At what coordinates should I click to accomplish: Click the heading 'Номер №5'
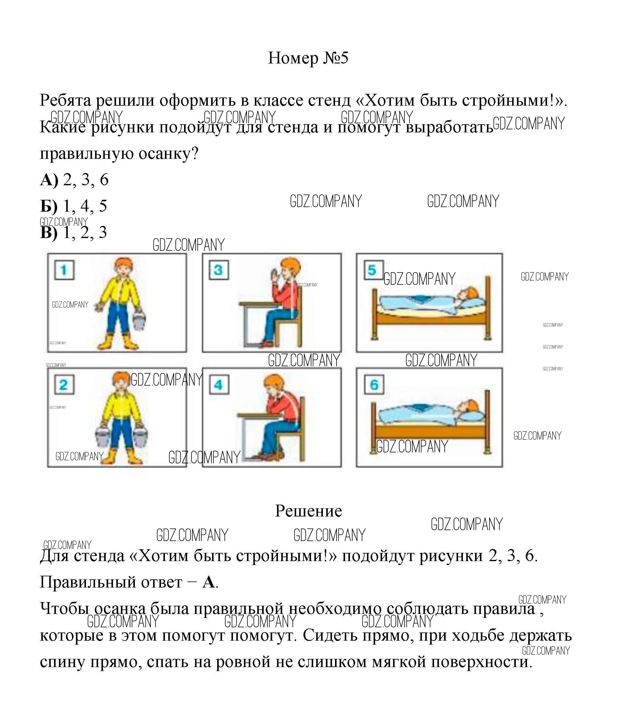(308, 58)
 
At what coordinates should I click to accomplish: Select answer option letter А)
(49, 180)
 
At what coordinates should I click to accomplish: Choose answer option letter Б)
(49, 206)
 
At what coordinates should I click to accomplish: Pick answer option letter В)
(49, 233)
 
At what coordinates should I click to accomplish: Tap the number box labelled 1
(64, 270)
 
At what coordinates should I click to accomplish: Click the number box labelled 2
(64, 385)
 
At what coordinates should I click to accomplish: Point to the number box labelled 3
(219, 270)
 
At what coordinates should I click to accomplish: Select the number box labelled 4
(219, 385)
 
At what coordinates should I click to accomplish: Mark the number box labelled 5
(373, 270)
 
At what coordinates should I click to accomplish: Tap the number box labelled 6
(374, 385)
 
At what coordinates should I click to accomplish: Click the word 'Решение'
(308, 511)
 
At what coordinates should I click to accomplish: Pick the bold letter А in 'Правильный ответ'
(209, 582)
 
